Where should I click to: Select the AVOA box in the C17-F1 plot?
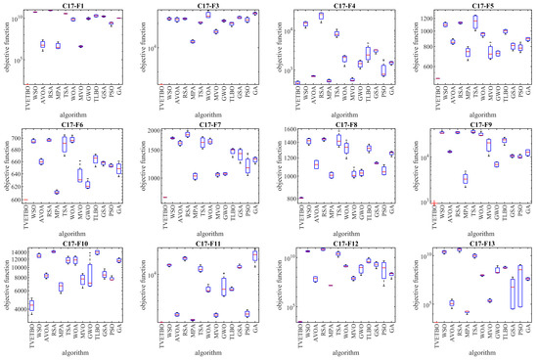click(x=42, y=44)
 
